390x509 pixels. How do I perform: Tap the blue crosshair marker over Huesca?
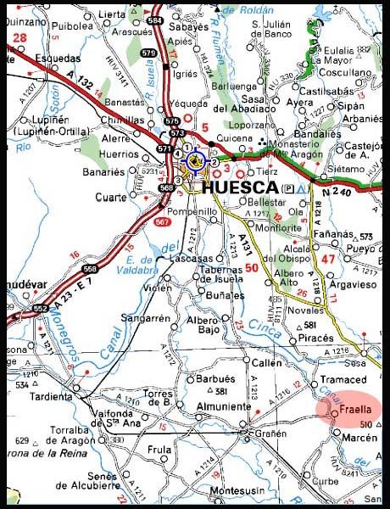click(x=196, y=159)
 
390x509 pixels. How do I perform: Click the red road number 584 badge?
click(x=154, y=19)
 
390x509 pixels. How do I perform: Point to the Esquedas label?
click(x=51, y=59)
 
